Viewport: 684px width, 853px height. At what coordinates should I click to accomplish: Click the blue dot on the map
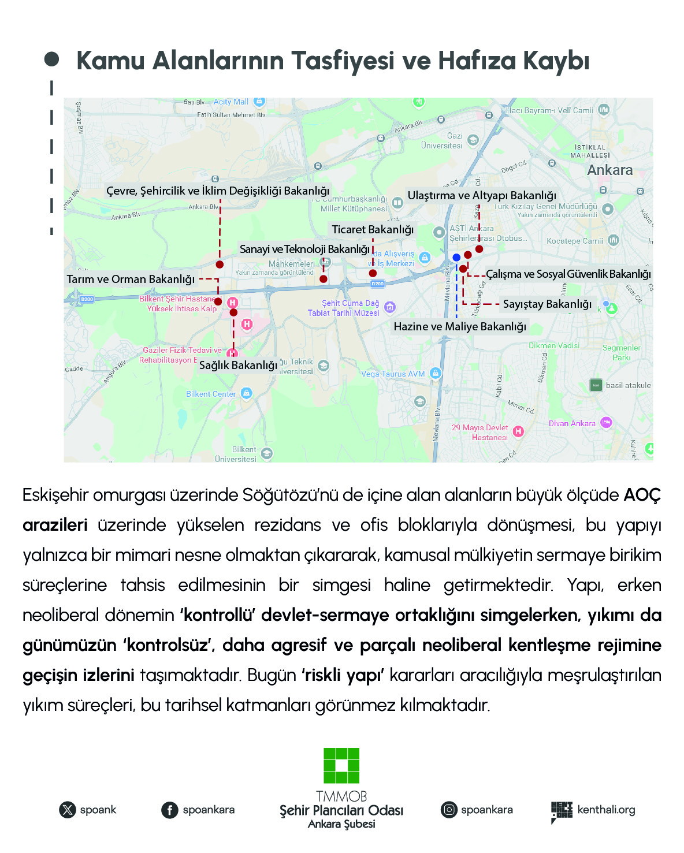pos(456,257)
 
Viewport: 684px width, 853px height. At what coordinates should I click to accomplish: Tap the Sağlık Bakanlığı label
pos(238,365)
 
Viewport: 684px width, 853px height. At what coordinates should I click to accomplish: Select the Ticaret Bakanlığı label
pos(373,229)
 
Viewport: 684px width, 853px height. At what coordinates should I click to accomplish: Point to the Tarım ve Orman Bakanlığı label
pos(131,279)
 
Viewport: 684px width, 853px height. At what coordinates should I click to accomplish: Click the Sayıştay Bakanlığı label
pos(547,304)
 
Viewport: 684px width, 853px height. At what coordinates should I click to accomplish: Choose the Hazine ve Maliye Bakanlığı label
pos(460,326)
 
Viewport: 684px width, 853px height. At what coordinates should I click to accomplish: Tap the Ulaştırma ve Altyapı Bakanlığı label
pos(482,195)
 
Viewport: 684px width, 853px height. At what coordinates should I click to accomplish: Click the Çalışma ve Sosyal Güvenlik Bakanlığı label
pos(568,274)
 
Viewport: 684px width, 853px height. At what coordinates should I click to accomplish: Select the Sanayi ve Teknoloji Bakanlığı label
pos(304,249)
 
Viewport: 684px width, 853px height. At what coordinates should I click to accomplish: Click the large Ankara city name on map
pos(609,170)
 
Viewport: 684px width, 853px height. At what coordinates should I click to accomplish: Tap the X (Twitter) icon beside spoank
pos(68,810)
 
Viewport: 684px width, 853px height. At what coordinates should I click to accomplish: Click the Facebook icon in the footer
pos(169,810)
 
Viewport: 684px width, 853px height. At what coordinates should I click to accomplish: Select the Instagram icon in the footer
pos(449,810)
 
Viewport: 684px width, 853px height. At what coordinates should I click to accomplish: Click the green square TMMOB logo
pos(341,766)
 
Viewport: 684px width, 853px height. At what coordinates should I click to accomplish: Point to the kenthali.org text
pos(606,810)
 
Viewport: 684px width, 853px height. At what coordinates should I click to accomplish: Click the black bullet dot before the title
pos(51,59)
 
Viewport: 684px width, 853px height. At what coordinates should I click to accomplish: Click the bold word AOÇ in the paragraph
pos(642,495)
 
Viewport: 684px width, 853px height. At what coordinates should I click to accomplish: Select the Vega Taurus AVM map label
pos(393,374)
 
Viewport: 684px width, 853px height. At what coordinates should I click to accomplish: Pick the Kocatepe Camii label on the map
pos(574,241)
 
